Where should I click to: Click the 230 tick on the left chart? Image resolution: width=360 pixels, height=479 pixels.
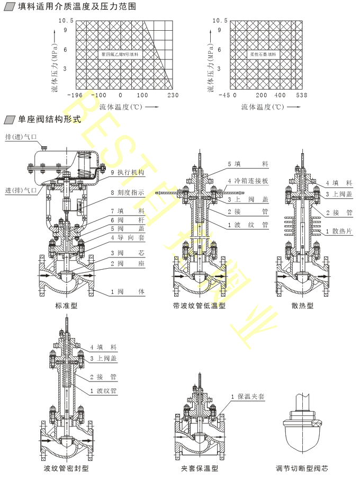point(173,95)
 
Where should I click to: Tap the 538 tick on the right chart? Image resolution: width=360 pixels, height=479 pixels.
point(301,95)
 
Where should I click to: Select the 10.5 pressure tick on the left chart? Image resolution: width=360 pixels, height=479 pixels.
point(66,21)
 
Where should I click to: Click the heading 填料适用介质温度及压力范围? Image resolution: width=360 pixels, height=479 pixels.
point(76,7)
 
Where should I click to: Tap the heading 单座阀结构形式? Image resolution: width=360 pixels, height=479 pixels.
point(50,119)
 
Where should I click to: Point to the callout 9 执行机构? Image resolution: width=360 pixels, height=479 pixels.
point(127,172)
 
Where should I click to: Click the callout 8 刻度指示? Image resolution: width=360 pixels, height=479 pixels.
point(127,192)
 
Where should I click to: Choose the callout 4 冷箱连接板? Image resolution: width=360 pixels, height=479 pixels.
point(248,181)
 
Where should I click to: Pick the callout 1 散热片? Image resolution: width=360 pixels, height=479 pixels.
point(339,231)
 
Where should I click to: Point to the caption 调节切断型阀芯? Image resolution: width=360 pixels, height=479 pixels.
point(302,468)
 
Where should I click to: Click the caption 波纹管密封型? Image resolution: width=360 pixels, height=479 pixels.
point(66,468)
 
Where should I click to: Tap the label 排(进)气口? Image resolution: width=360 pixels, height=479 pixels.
point(21,137)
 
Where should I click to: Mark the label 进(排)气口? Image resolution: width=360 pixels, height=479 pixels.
point(21,190)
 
